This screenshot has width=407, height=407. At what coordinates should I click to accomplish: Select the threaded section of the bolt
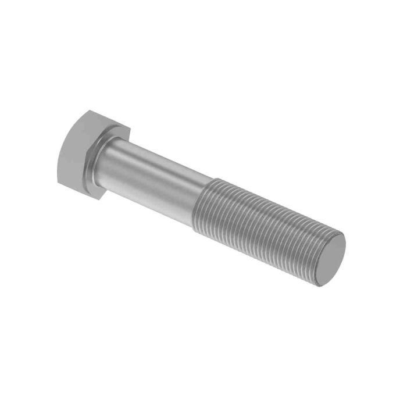coord(262,227)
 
